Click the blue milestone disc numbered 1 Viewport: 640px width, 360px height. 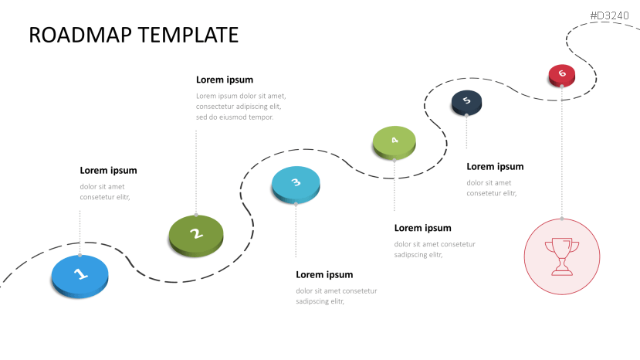tap(80, 274)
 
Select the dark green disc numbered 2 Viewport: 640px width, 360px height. tap(196, 234)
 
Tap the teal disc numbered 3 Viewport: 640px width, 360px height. tap(296, 184)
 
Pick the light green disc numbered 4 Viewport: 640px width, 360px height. tap(394, 141)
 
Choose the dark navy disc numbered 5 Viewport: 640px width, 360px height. tap(466, 101)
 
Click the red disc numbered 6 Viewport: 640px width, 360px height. tap(562, 74)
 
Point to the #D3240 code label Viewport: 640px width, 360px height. tap(611, 15)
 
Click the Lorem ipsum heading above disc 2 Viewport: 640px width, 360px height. tap(225, 80)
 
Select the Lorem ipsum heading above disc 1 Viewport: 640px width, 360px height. tap(108, 171)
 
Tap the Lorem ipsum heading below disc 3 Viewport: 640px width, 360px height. tap(324, 274)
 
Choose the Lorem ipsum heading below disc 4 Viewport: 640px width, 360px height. tap(422, 228)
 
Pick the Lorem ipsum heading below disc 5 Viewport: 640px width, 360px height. tap(495, 166)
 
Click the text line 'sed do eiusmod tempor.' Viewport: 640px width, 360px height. tap(235, 117)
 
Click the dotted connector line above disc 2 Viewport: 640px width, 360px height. tap(196, 170)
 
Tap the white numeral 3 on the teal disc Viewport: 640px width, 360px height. tap(296, 182)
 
